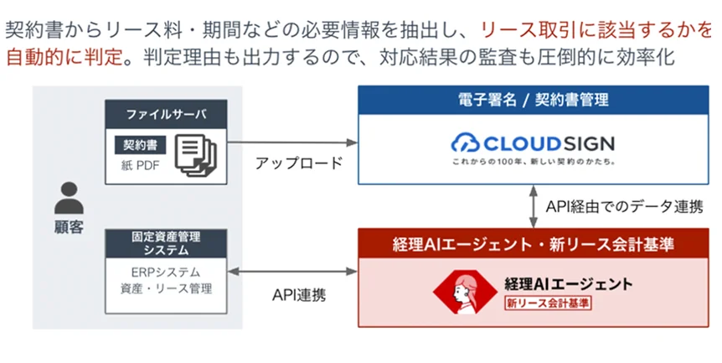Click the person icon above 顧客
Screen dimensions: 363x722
tap(69, 199)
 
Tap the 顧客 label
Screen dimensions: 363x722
tap(69, 227)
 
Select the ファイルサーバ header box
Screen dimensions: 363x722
tap(166, 113)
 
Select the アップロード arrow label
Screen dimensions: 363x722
tap(299, 163)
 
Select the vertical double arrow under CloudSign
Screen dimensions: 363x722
tap(533, 205)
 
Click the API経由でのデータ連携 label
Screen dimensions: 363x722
tap(624, 205)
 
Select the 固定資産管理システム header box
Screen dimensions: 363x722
tap(166, 243)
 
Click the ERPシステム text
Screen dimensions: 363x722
tap(166, 273)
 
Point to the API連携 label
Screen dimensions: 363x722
tap(299, 294)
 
